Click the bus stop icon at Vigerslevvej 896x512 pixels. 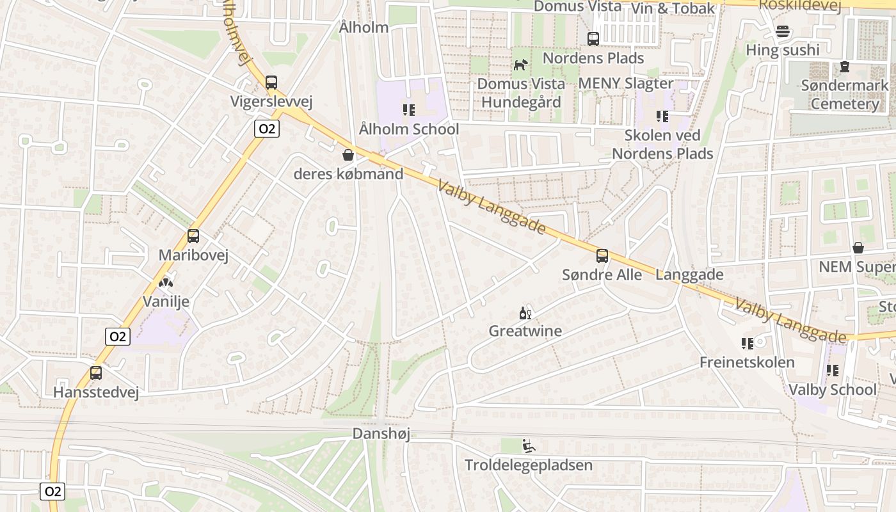[271, 83]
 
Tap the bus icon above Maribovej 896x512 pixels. [193, 236]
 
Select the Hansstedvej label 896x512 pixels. [96, 392]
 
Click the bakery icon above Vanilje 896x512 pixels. [166, 282]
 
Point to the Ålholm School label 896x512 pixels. [409, 129]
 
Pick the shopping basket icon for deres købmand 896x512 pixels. [348, 155]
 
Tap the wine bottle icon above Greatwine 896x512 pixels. [525, 313]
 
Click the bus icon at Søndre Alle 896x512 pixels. [602, 256]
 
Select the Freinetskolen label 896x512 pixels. [747, 362]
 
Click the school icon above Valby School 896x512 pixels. [833, 371]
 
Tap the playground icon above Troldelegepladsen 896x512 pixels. [529, 446]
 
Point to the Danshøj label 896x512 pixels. [381, 434]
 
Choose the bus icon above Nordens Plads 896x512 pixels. [593, 39]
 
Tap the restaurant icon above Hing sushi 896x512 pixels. [782, 31]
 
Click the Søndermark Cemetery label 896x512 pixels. [845, 94]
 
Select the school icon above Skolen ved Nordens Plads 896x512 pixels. [662, 116]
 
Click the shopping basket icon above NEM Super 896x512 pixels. [858, 248]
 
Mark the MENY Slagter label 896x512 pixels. [625, 83]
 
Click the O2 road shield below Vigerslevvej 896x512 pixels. [266, 129]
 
